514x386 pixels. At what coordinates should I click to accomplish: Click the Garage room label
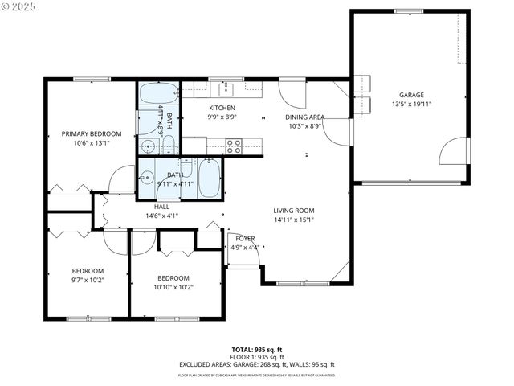(412, 95)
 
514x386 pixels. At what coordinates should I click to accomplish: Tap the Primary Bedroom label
(92, 133)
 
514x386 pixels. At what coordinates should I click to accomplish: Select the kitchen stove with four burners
(234, 146)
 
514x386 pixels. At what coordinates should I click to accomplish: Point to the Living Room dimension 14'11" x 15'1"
(293, 219)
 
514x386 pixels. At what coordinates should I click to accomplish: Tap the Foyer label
(245, 238)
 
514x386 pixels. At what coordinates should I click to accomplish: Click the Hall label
(161, 207)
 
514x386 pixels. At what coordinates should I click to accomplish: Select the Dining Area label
(306, 117)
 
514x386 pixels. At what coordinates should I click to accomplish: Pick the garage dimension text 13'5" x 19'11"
(412, 104)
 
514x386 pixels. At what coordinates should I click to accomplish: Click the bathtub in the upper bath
(150, 95)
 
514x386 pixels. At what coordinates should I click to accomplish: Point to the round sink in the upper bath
(148, 146)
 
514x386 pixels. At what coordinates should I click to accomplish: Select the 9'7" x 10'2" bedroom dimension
(88, 279)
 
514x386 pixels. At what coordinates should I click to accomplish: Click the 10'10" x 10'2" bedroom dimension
(173, 286)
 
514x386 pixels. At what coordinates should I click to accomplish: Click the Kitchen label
(222, 108)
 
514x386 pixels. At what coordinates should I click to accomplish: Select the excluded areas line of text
(257, 364)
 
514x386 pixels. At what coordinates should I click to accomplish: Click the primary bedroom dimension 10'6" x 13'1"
(92, 142)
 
